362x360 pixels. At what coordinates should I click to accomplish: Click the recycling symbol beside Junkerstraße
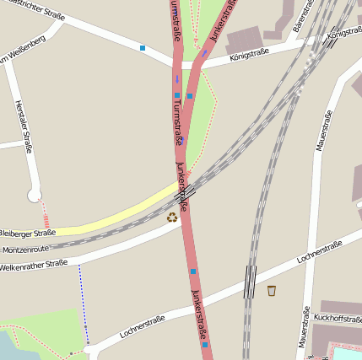pyautogui.click(x=172, y=218)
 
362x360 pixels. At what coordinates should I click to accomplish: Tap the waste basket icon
pyautogui.click(x=271, y=291)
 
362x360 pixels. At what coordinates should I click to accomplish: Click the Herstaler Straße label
pyautogui.click(x=23, y=126)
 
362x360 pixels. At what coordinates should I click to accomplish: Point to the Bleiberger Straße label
pyautogui.click(x=27, y=233)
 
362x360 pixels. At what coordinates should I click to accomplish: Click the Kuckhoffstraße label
pyautogui.click(x=338, y=317)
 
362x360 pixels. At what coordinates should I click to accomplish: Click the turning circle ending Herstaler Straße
pyautogui.click(x=35, y=196)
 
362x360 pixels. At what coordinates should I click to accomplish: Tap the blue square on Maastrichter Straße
pyautogui.click(x=143, y=48)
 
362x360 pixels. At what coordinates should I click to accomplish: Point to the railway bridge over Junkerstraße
pyautogui.click(x=184, y=192)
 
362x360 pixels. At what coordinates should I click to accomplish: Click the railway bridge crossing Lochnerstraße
pyautogui.click(x=250, y=282)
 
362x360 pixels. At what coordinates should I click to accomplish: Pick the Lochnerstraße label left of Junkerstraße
pyautogui.click(x=142, y=326)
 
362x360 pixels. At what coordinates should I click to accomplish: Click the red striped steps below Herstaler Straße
pyautogui.click(x=46, y=218)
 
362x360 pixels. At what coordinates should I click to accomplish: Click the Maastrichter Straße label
pyautogui.click(x=25, y=8)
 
